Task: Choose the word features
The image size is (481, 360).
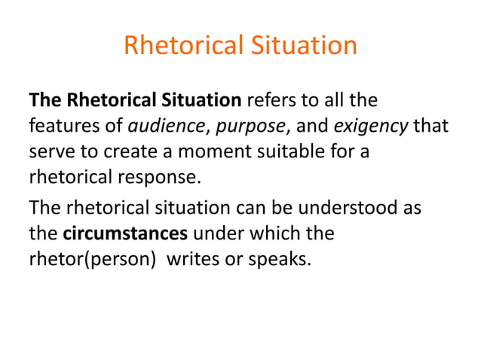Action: click(x=60, y=125)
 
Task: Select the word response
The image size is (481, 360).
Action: click(x=170, y=177)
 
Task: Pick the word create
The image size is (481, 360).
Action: click(x=130, y=151)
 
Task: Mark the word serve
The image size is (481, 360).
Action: click(x=51, y=151)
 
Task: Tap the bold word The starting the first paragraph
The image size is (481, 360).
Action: click(x=44, y=99)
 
